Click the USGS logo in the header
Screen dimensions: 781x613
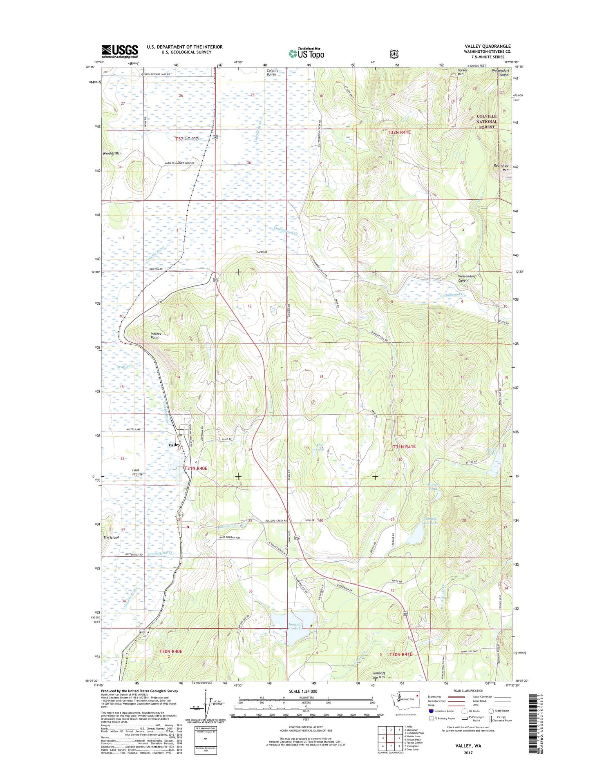coord(119,51)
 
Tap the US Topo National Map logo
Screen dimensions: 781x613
coord(306,53)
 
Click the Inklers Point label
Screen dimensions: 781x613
coord(155,336)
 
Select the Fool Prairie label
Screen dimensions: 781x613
coord(137,472)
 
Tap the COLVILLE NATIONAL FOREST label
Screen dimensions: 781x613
coord(487,121)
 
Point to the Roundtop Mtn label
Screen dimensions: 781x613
coord(501,167)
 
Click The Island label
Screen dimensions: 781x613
coord(111,538)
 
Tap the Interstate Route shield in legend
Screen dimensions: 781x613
coord(432,711)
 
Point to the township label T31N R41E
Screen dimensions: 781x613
coord(404,447)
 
